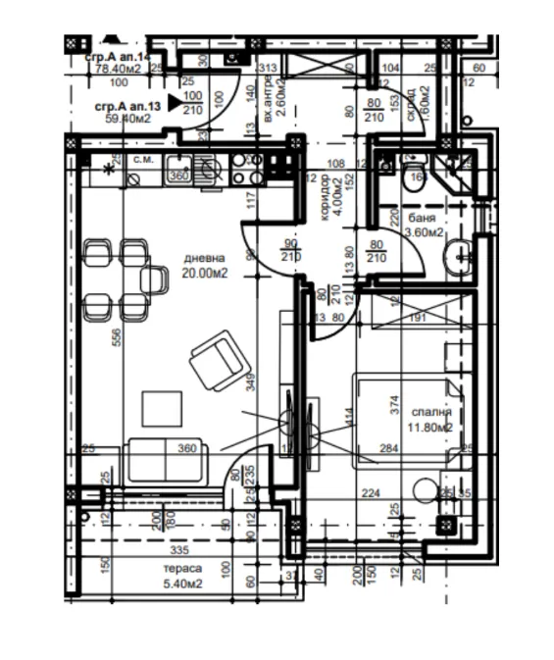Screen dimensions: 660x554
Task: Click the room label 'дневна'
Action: coord(205,259)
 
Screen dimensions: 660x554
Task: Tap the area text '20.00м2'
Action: coord(206,274)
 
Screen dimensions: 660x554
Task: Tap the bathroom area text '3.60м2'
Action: coord(425,234)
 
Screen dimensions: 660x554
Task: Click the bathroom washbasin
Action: coord(458,258)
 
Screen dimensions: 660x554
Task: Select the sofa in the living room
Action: coord(164,461)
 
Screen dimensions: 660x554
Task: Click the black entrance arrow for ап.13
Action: coord(175,100)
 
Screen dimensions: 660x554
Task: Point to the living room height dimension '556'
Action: coord(116,336)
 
